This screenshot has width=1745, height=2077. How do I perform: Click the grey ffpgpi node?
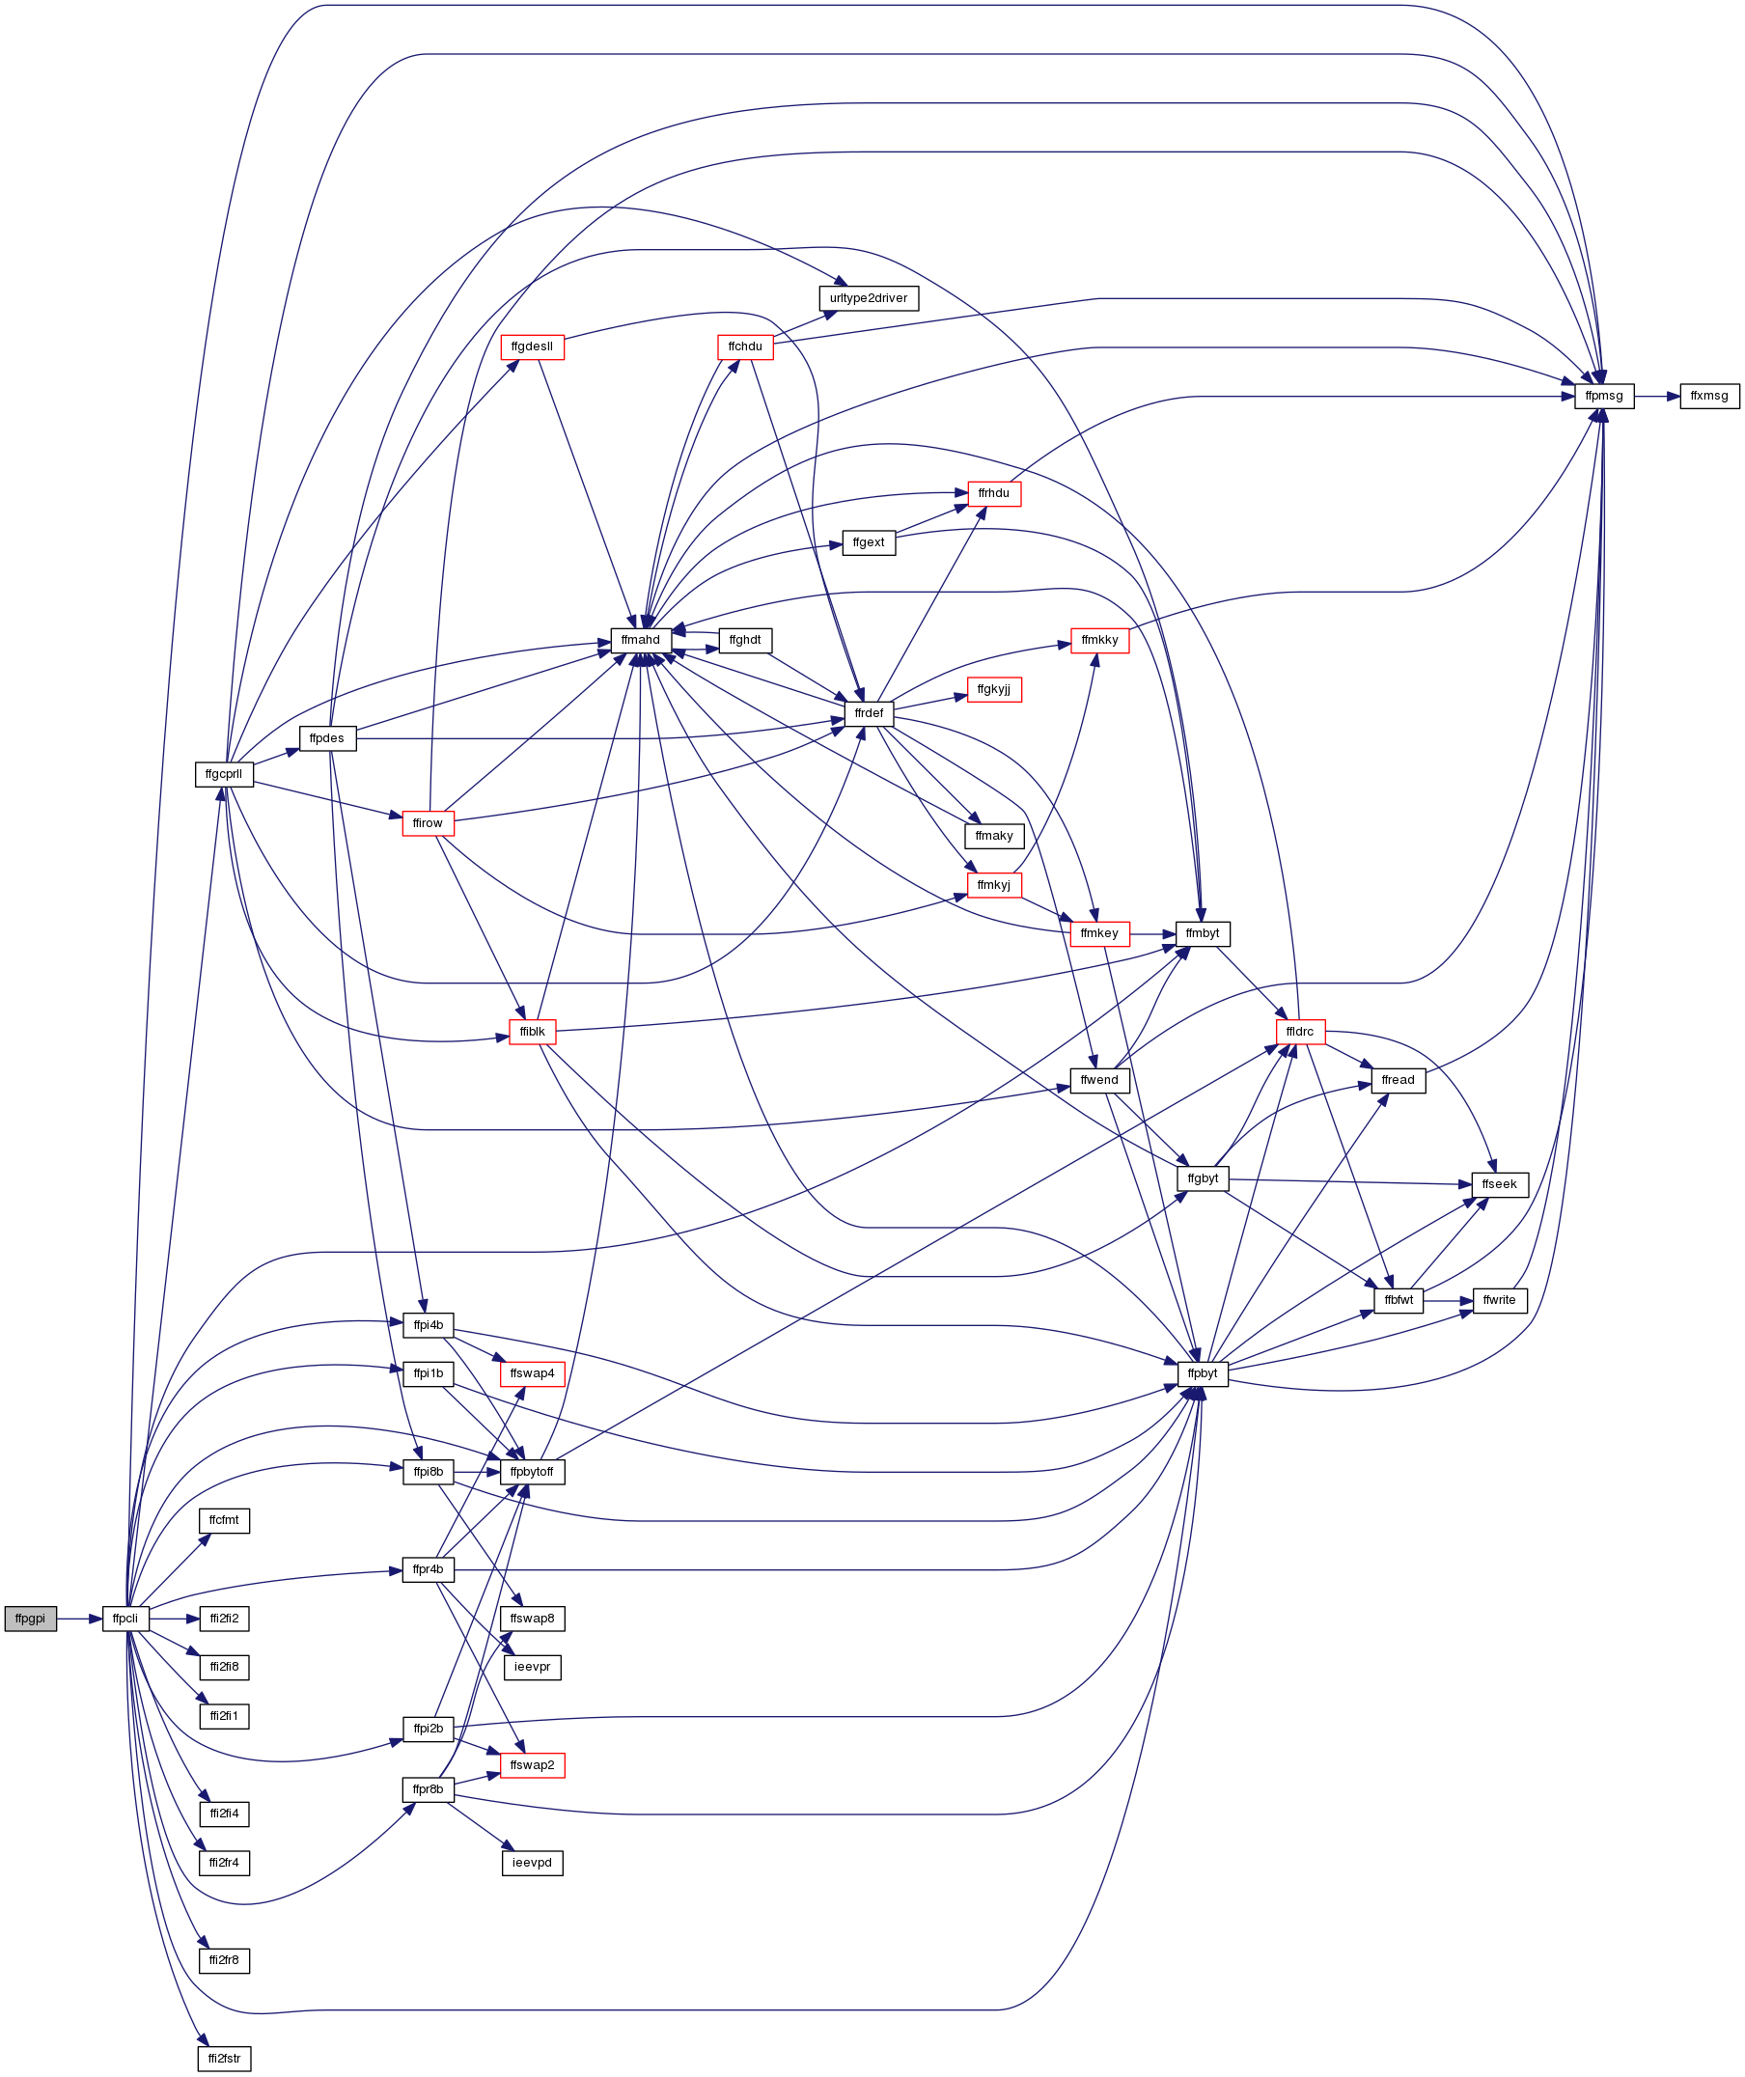31,1620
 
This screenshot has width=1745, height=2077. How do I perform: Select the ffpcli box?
125,1620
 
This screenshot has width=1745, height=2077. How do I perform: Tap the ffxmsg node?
1709,397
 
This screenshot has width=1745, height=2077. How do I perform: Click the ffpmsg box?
1604,397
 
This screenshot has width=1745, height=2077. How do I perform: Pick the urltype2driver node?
869,298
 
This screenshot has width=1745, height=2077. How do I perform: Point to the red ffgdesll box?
532,347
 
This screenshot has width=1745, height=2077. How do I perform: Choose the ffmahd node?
641,641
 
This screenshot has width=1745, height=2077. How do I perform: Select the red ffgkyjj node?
994,689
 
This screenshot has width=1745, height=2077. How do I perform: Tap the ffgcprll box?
225,774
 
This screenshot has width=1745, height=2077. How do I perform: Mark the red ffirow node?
429,824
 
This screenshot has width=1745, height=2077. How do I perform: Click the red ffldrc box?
1300,1033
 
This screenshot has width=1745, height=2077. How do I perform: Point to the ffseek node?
1500,1185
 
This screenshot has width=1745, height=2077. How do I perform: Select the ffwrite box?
1500,1301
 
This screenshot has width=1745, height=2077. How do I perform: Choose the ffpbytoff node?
532,1473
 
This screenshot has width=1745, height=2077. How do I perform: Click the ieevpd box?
532,1864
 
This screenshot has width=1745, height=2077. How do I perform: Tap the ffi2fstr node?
225,2060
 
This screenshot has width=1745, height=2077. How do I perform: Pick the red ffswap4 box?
532,1374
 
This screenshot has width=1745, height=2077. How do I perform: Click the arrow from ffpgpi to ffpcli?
80,1620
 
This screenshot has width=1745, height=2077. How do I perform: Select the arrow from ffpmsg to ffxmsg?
1657,397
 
